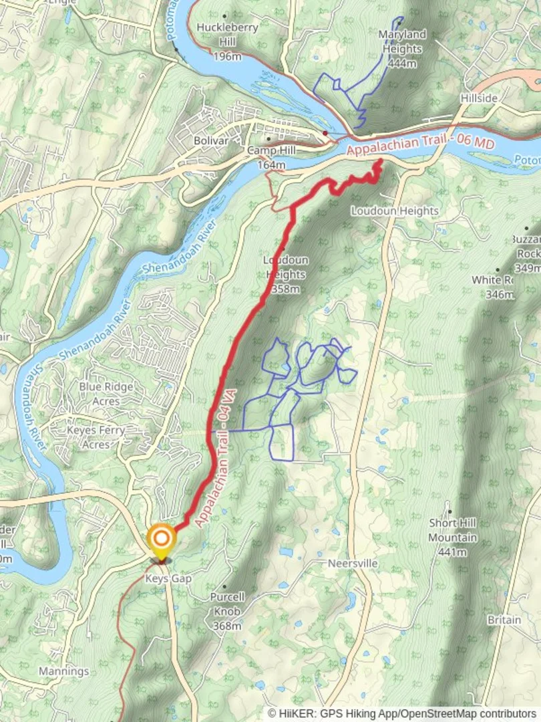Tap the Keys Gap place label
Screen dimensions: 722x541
pyautogui.click(x=168, y=578)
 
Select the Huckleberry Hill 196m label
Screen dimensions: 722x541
pyautogui.click(x=218, y=41)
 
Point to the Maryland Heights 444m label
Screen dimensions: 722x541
pyautogui.click(x=401, y=48)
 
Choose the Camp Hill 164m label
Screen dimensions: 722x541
pyautogui.click(x=270, y=158)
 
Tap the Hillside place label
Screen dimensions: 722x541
pyautogui.click(x=479, y=98)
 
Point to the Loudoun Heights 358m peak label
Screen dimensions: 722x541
pyautogui.click(x=285, y=274)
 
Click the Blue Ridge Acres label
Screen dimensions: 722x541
pyautogui.click(x=106, y=394)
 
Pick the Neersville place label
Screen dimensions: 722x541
pyautogui.click(x=352, y=564)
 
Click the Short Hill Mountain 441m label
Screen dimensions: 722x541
pyautogui.click(x=452, y=537)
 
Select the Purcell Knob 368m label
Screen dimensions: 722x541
pyautogui.click(x=227, y=611)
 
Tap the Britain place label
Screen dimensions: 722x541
pyautogui.click(x=504, y=620)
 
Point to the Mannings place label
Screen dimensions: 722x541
pyautogui.click(x=63, y=671)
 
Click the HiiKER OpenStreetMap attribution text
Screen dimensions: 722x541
pyautogui.click(x=402, y=713)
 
